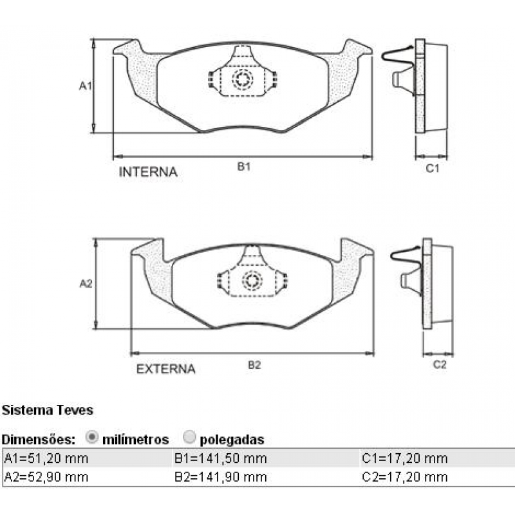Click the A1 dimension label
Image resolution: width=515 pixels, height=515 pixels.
[x=86, y=85]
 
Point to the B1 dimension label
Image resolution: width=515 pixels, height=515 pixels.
[x=243, y=167]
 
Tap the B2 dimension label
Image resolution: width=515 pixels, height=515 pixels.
[x=254, y=365]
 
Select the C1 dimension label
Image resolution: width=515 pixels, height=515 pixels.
[x=433, y=169]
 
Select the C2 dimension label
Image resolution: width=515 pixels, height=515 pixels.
[x=439, y=365]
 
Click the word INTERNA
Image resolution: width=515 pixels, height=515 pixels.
[x=148, y=173]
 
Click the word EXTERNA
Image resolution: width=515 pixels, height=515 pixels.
[x=165, y=370]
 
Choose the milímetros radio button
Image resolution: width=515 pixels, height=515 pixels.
[x=91, y=438]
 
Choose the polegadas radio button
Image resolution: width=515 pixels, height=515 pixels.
[x=189, y=438]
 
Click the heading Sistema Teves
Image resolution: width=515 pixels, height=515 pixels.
[x=48, y=409]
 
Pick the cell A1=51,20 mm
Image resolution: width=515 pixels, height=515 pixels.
[x=46, y=458]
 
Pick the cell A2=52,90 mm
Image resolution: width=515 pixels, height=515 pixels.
[x=46, y=477]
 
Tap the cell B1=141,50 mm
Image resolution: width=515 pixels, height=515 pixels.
[x=220, y=458]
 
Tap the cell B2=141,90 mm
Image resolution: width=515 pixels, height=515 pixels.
[x=220, y=477]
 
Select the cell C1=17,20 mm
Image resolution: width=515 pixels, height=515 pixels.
[x=404, y=458]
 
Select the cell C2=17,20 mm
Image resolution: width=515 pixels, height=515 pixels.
[x=404, y=477]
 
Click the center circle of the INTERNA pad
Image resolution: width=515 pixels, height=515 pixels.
[x=243, y=80]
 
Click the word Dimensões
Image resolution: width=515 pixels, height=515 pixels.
[x=39, y=440]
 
